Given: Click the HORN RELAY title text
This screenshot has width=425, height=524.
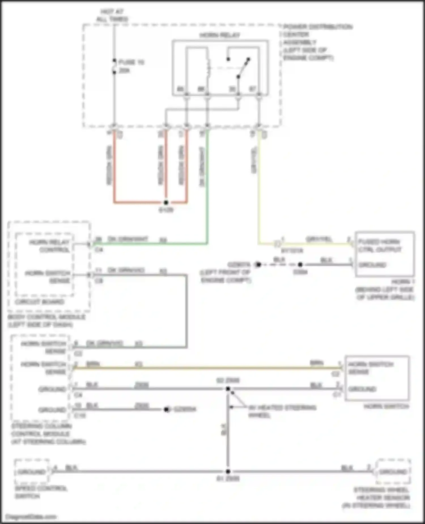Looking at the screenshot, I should pyautogui.click(x=220, y=35).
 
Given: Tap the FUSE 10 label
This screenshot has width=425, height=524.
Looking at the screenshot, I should pyautogui.click(x=131, y=62).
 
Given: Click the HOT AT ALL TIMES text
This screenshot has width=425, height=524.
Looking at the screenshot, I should pyautogui.click(x=112, y=15).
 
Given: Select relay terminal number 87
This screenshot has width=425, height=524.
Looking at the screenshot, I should pyautogui.click(x=252, y=89).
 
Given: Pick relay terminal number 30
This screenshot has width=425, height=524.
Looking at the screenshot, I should pyautogui.click(x=232, y=89).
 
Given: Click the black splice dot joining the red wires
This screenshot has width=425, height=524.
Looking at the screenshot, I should pyautogui.click(x=166, y=202).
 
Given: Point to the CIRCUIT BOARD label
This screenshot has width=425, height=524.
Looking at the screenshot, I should pyautogui.click(x=40, y=302).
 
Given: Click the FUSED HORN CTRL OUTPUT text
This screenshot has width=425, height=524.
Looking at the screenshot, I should pyautogui.click(x=379, y=246).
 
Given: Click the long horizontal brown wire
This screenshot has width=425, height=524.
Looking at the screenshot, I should pyautogui.click(x=207, y=368).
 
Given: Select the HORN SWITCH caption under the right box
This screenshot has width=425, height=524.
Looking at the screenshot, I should pyautogui.click(x=386, y=406).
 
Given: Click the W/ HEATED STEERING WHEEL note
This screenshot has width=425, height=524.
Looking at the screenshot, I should pyautogui.click(x=282, y=411).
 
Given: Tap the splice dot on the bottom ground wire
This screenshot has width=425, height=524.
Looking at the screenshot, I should pyautogui.click(x=228, y=471).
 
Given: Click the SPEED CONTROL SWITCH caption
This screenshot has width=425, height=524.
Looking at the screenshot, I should pyautogui.click(x=41, y=492).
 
